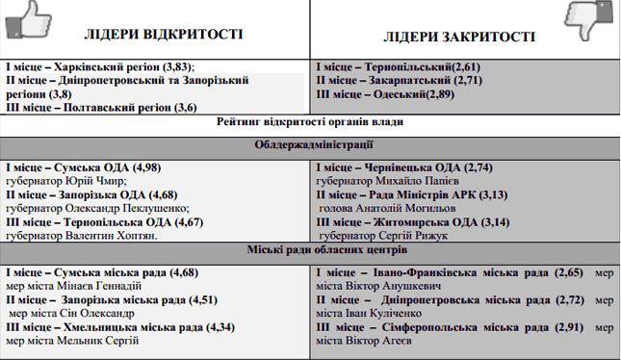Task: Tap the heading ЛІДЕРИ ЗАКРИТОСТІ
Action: click(x=459, y=38)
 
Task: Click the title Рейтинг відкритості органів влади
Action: click(x=310, y=122)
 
